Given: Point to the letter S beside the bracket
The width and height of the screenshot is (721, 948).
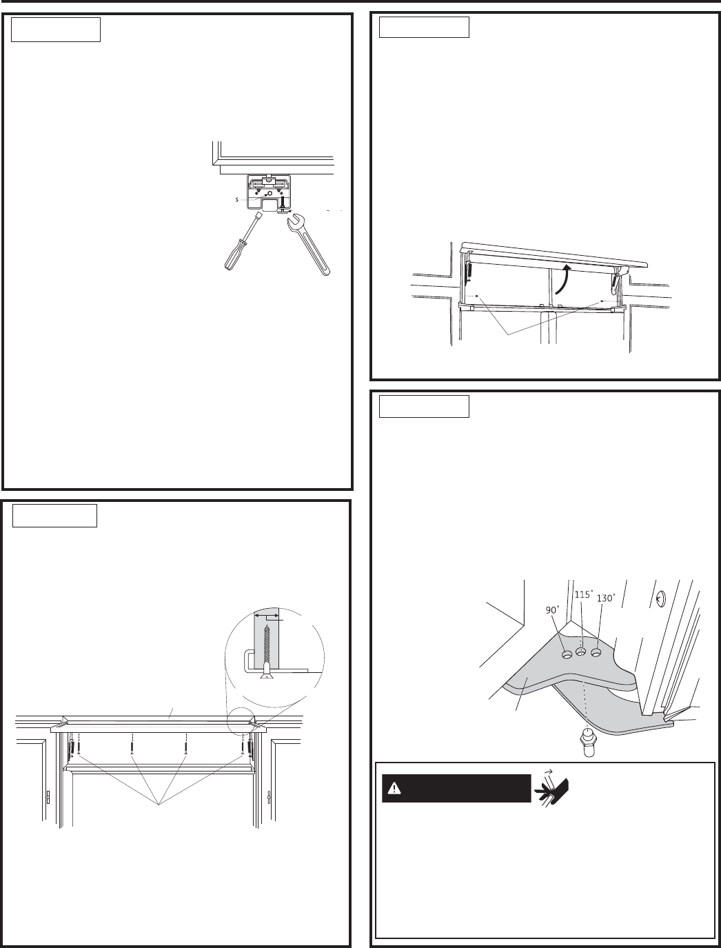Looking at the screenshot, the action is point(236,199).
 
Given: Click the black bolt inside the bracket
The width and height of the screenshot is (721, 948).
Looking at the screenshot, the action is point(283,203).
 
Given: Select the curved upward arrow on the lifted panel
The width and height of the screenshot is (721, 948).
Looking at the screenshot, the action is point(563,279).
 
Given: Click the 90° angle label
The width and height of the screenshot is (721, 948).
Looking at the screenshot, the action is point(553,611).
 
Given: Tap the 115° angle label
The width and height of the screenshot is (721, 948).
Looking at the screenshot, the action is point(583,595).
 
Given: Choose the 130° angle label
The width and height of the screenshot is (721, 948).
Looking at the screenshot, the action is point(606,598).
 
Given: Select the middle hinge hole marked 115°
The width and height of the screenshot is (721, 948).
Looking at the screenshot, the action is point(581,652).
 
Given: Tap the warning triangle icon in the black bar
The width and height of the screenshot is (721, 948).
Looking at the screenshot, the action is point(394,789).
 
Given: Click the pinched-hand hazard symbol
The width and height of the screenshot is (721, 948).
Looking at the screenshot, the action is point(551,788).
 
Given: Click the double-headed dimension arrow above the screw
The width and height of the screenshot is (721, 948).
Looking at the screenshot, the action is point(267,614).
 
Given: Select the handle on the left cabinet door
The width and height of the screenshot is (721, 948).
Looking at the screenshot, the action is point(48,798).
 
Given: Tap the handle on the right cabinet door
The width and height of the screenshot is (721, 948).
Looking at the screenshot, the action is point(270,798).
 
